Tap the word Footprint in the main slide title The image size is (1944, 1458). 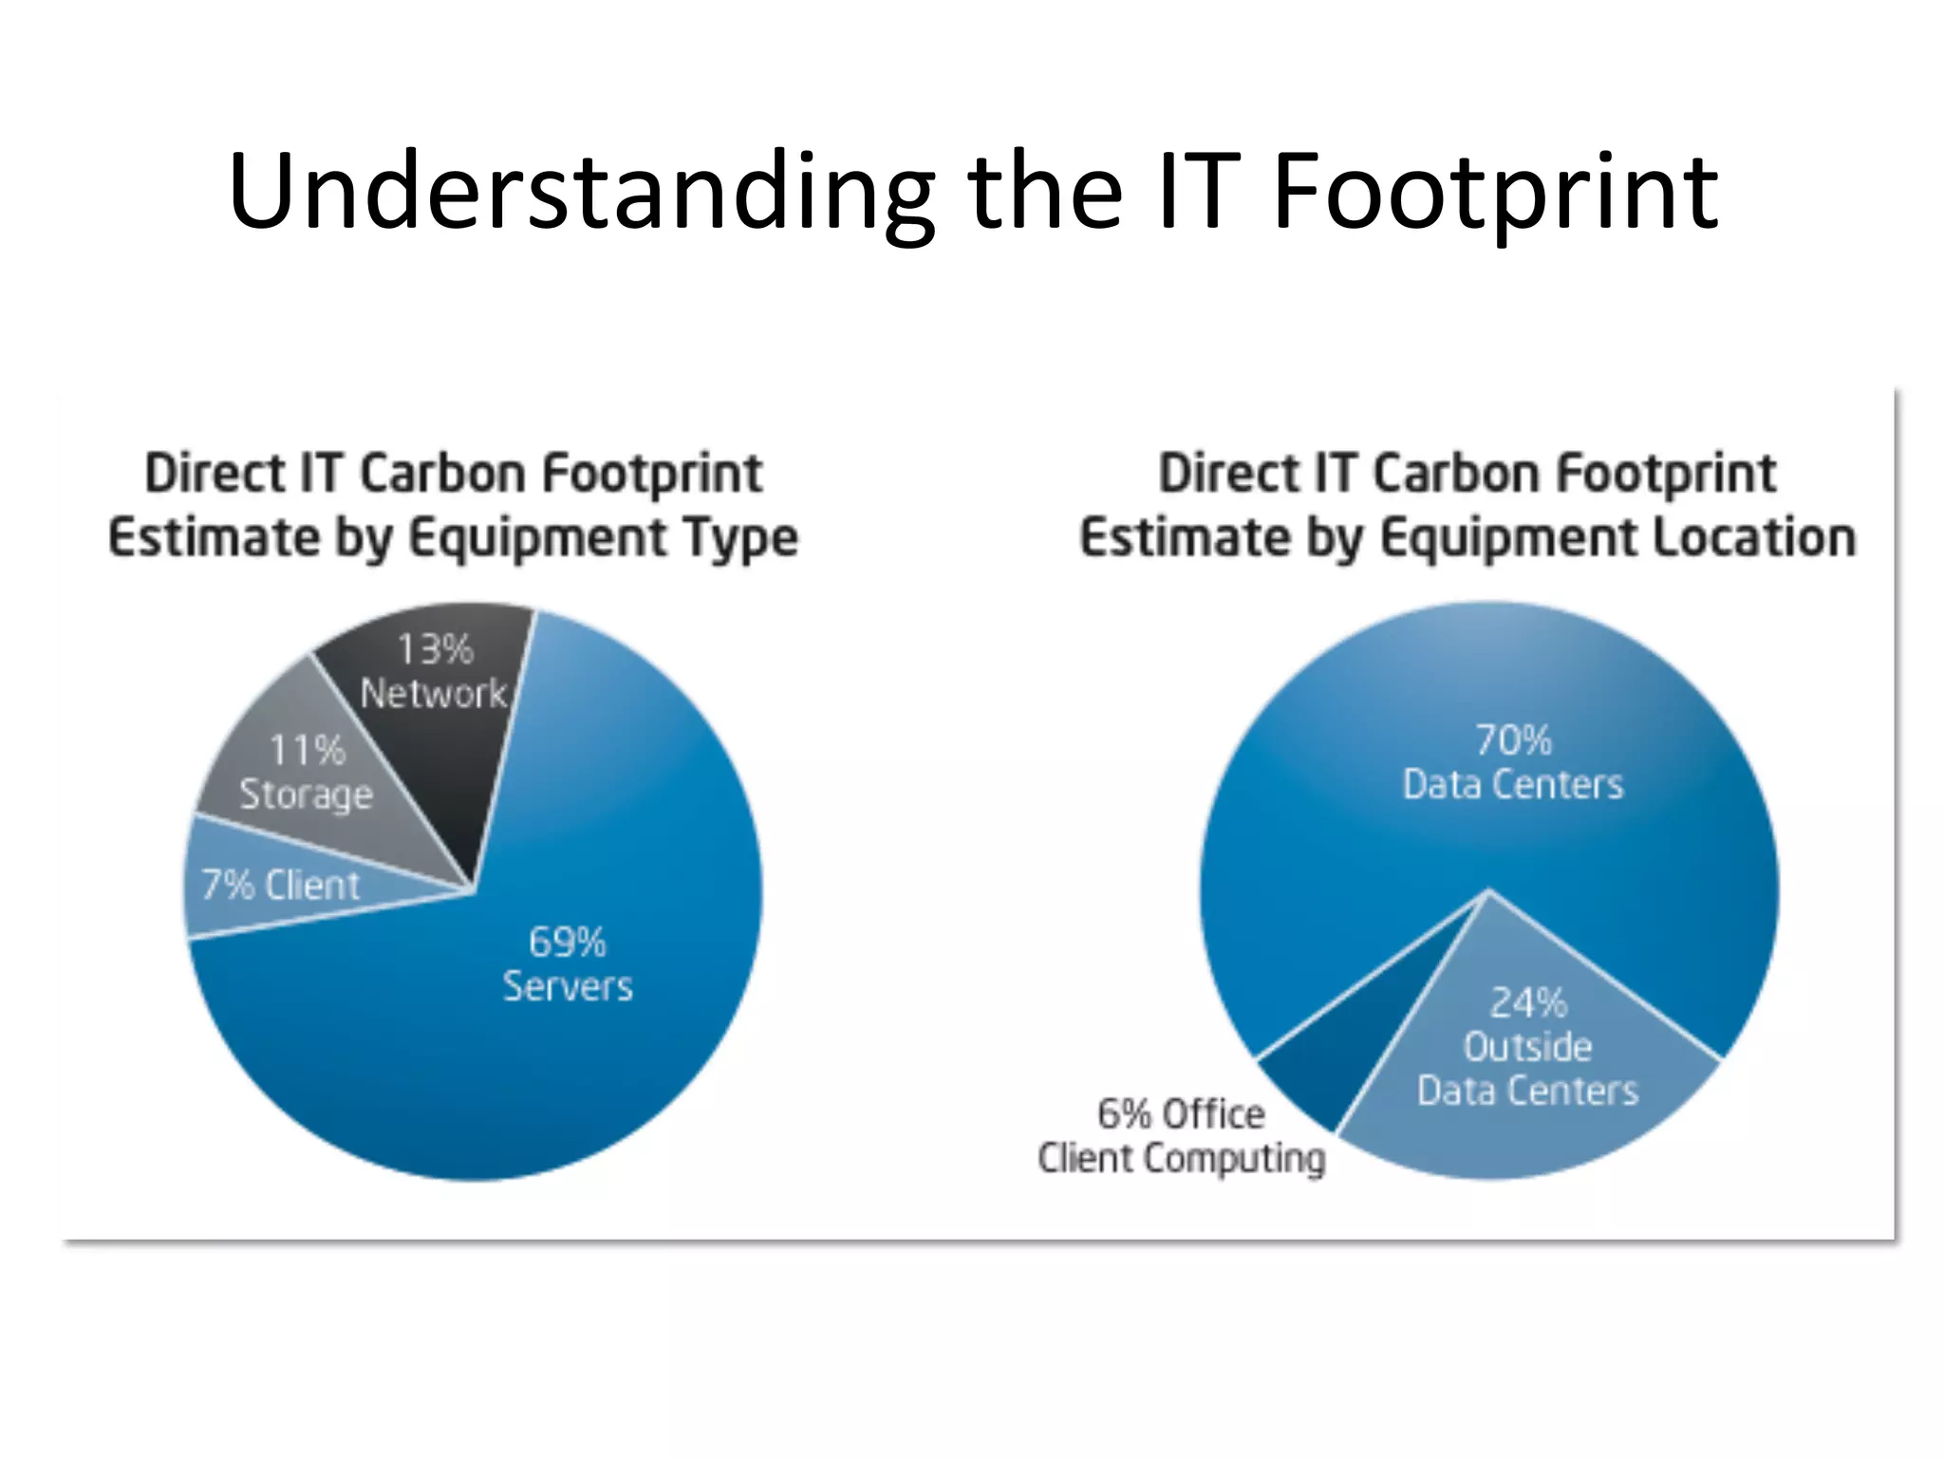pyautogui.click(x=1494, y=193)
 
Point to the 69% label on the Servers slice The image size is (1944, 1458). pyautogui.click(x=567, y=943)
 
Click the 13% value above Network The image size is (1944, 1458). pyautogui.click(x=435, y=650)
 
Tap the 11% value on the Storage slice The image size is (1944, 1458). pyautogui.click(x=307, y=751)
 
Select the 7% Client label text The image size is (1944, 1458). pyautogui.click(x=281, y=886)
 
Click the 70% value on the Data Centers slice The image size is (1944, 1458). pyautogui.click(x=1513, y=740)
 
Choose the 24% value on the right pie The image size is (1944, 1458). pyautogui.click(x=1527, y=1002)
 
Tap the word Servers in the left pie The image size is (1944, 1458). pyautogui.click(x=568, y=987)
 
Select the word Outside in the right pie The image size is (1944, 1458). pyautogui.click(x=1527, y=1047)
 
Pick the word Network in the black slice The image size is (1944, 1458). pyautogui.click(x=434, y=694)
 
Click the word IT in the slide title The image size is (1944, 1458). pyautogui.click(x=1198, y=193)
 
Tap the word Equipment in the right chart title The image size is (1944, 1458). pyautogui.click(x=1507, y=538)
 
